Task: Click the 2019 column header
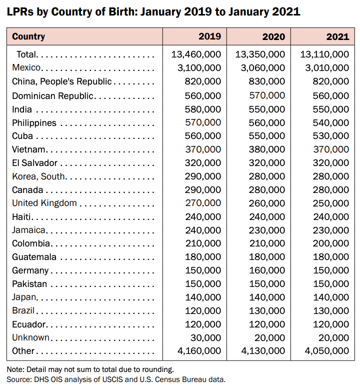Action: pyautogui.click(x=209, y=36)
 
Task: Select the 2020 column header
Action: pyautogui.click(x=273, y=36)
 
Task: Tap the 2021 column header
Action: pyautogui.click(x=337, y=36)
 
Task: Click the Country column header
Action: pyautogui.click(x=28, y=36)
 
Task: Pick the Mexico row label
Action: pyautogui.click(x=26, y=67)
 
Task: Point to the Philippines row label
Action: pyautogui.click(x=34, y=122)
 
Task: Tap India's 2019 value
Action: pyautogui.click(x=202, y=109)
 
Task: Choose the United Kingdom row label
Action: pyautogui.click(x=44, y=203)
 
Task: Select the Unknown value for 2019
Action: pyautogui.click(x=205, y=337)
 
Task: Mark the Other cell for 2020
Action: pyautogui.click(x=263, y=351)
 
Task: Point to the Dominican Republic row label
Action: pyautogui.click(x=52, y=95)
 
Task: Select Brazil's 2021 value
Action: pyautogui.click(x=330, y=310)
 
